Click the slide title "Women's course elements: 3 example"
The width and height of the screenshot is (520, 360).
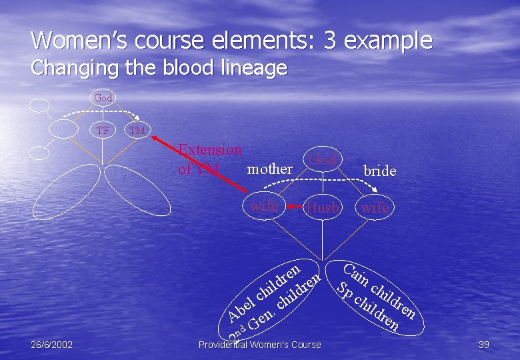pyautogui.click(x=231, y=40)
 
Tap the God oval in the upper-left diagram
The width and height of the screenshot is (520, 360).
pyautogui.click(x=103, y=98)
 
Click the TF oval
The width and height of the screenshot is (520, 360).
pyautogui.click(x=103, y=130)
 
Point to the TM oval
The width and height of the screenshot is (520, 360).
pyautogui.click(x=137, y=131)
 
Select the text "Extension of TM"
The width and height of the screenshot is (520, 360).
pyautogui.click(x=209, y=159)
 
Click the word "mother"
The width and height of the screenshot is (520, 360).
pyautogui.click(x=269, y=169)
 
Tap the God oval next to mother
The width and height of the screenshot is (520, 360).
pyautogui.click(x=323, y=160)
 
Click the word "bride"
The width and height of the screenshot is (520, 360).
pyautogui.click(x=379, y=171)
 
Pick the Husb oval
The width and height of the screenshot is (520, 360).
pyautogui.click(x=323, y=208)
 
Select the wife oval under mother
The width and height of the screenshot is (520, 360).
pyautogui.click(x=264, y=207)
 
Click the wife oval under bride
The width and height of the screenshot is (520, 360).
pyautogui.click(x=375, y=208)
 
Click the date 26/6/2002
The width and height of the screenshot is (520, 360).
pyautogui.click(x=52, y=345)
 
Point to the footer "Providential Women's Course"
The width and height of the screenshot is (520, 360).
pyautogui.click(x=260, y=345)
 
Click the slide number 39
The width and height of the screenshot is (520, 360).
pyautogui.click(x=484, y=345)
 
